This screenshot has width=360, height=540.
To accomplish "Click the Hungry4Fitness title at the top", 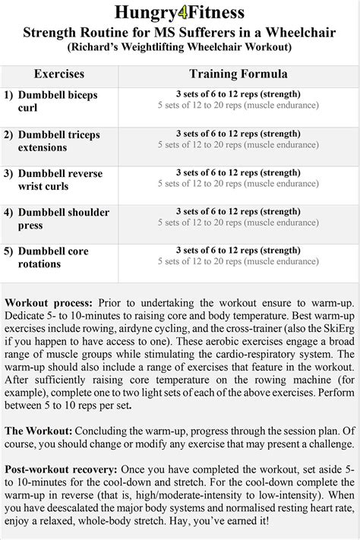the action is click(180, 13).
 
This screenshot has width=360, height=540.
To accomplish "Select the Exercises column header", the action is click(58, 74).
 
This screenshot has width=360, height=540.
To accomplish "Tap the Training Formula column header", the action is click(238, 74).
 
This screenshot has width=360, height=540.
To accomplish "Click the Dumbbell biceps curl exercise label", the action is click(57, 101).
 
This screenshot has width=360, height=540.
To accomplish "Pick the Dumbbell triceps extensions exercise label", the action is click(58, 141).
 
